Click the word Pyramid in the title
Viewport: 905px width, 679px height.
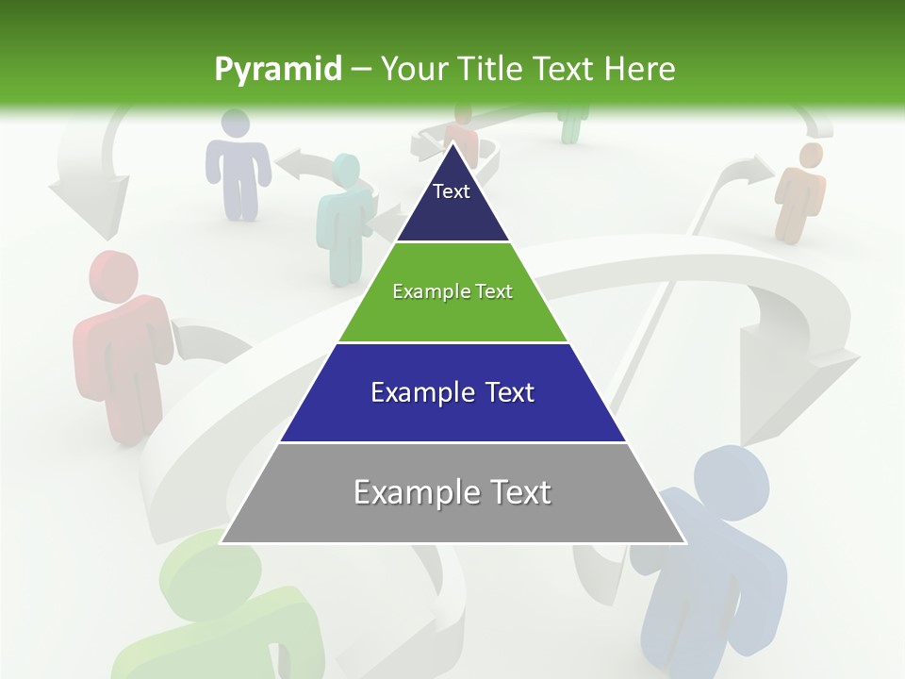click(278, 70)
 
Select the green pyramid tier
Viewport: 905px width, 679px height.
click(452, 306)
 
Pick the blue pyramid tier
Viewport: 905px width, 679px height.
click(452, 406)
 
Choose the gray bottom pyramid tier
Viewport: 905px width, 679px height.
click(452, 505)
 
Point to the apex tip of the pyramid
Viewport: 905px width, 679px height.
click(452, 144)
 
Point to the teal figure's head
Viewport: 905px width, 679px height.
click(346, 170)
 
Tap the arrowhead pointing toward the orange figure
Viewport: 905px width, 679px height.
click(754, 170)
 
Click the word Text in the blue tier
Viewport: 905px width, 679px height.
click(508, 392)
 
